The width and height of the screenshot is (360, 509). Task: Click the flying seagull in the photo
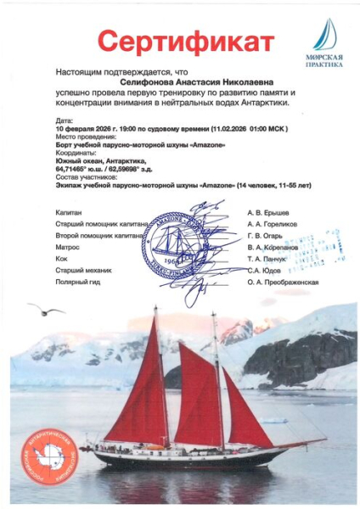click(x=45, y=310)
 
